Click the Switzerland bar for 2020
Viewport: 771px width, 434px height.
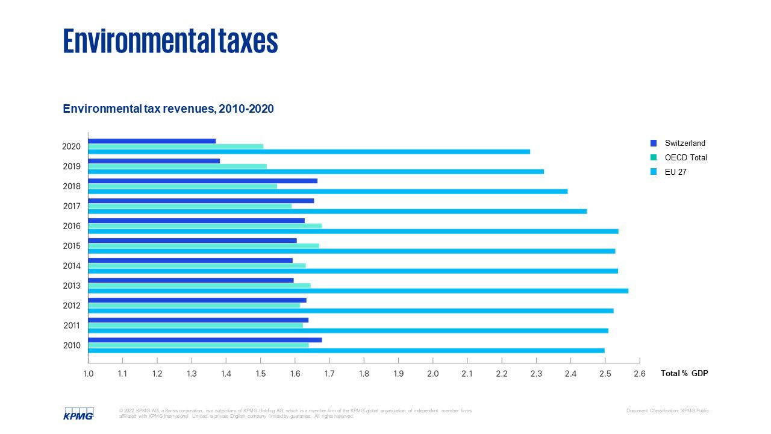(152, 141)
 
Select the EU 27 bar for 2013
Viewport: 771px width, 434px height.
(358, 291)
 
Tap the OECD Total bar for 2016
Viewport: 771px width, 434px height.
(205, 226)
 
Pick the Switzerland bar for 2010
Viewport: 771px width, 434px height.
(205, 340)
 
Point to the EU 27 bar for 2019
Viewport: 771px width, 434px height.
(316, 171)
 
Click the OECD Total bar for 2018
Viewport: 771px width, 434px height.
(183, 186)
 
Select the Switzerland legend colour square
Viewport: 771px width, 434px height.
(654, 143)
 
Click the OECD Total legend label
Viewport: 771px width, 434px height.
(685, 158)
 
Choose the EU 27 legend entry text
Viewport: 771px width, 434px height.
(675, 172)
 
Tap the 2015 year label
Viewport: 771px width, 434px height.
(72, 246)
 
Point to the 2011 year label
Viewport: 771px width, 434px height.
(72, 325)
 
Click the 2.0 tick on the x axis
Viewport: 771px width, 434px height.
(432, 374)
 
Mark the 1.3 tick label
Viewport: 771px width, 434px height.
(192, 374)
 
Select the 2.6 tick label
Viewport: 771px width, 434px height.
(640, 374)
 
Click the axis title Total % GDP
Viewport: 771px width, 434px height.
(684, 374)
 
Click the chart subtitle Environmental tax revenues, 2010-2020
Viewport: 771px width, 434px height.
(168, 109)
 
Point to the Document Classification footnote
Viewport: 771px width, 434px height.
(667, 411)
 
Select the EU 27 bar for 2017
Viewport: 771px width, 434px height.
(337, 211)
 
